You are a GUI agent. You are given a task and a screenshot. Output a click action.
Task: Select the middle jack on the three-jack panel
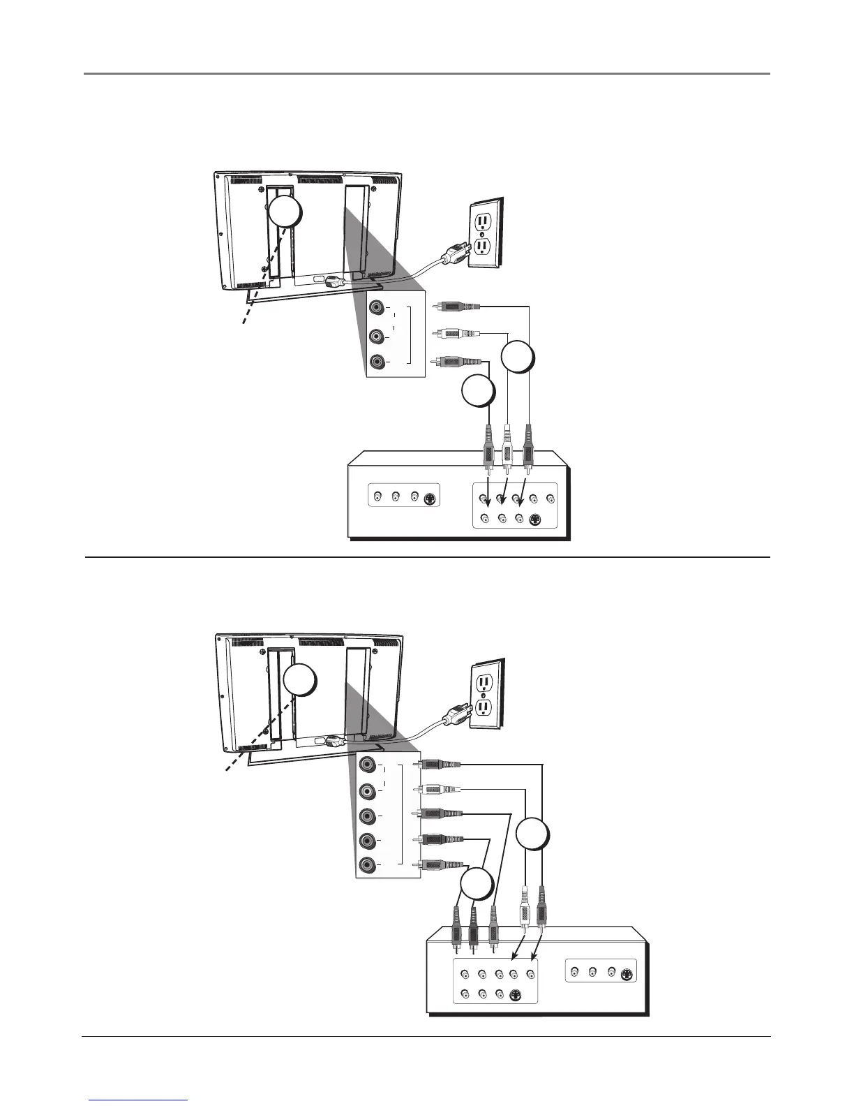pyautogui.click(x=377, y=336)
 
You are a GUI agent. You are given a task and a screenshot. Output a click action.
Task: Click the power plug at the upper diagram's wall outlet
pyautogui.click(x=455, y=256)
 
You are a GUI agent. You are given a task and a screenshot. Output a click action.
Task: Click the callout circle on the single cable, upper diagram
pyautogui.click(x=479, y=392)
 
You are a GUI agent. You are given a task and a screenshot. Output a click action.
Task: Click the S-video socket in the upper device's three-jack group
pyautogui.click(x=432, y=498)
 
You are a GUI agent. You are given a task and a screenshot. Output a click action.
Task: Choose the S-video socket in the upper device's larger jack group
pyautogui.click(x=535, y=519)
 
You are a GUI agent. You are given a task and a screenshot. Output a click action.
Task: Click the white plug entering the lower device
pyautogui.click(x=525, y=911)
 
